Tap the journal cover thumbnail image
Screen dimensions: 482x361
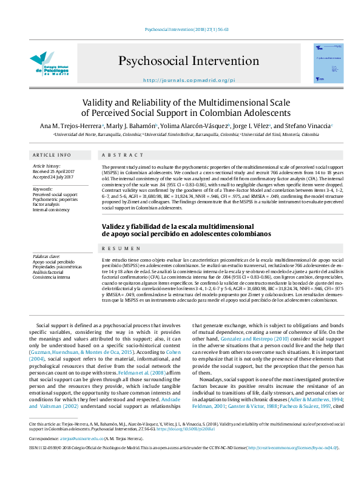tap(328, 63)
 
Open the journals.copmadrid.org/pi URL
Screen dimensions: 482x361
tap(180, 80)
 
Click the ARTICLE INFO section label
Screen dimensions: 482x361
tap(52, 155)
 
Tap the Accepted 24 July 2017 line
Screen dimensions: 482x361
tap(53, 177)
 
